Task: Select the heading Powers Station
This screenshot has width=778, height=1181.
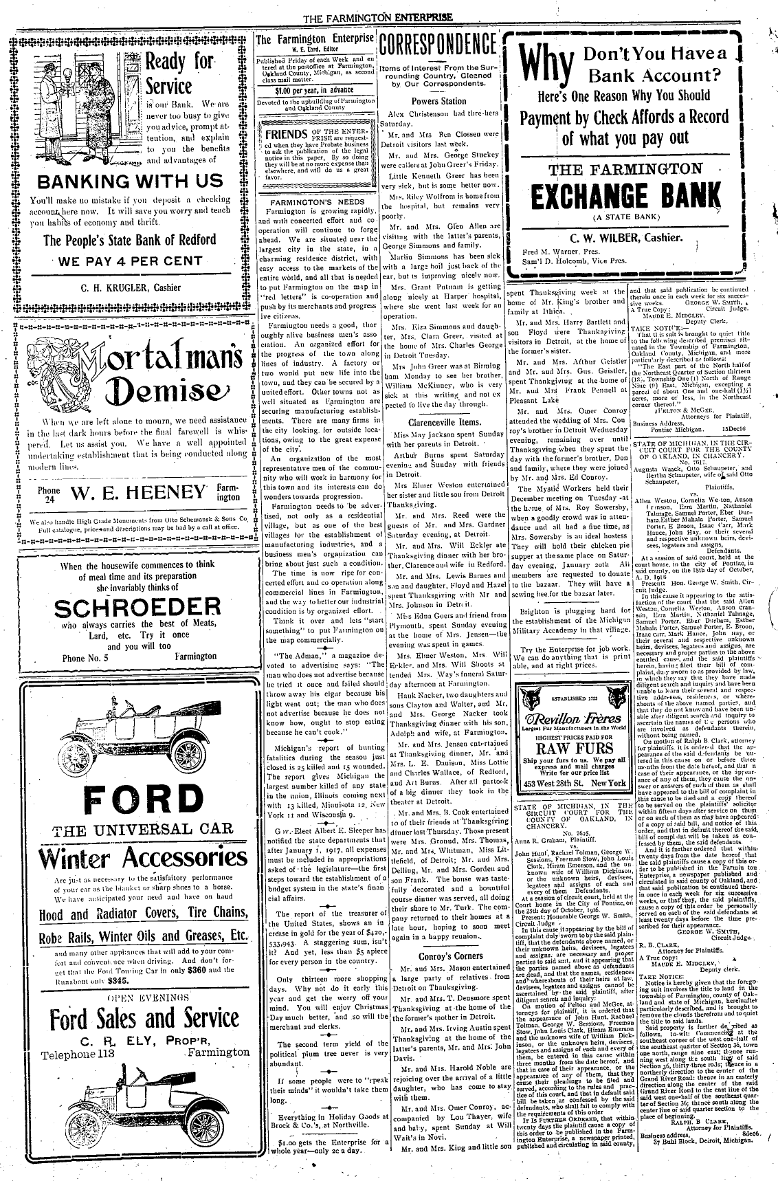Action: point(438,100)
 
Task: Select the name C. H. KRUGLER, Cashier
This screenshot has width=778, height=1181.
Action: point(131,287)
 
